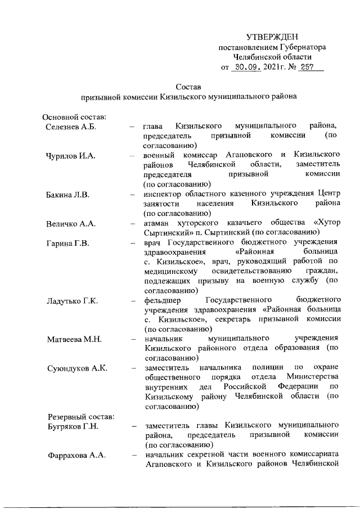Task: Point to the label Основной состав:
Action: click(75, 116)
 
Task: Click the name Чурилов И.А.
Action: click(70, 155)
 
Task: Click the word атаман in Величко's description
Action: click(157, 224)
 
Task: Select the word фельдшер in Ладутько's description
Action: click(162, 301)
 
